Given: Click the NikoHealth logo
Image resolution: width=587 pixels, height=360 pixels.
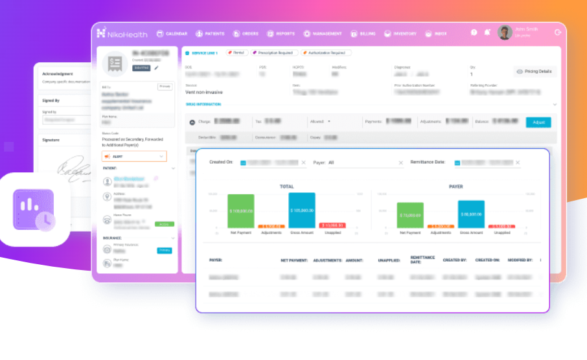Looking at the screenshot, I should pos(121,33).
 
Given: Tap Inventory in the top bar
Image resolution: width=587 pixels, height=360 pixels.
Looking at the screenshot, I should pos(400,33).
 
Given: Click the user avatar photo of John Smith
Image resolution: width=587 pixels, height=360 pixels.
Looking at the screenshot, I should pos(505,32).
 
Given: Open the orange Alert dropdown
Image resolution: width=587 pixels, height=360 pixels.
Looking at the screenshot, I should pos(133,156).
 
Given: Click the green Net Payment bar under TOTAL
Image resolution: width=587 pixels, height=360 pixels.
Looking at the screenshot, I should pos(241,211).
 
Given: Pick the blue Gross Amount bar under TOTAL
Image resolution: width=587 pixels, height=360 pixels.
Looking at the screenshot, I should pos(301,210).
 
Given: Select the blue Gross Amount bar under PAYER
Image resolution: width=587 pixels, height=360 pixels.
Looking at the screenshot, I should pos(471,214).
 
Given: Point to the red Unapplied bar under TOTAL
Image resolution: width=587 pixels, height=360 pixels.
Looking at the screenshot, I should pos(332,225).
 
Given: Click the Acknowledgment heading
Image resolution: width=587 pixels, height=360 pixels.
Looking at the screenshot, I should pos(58,74).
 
